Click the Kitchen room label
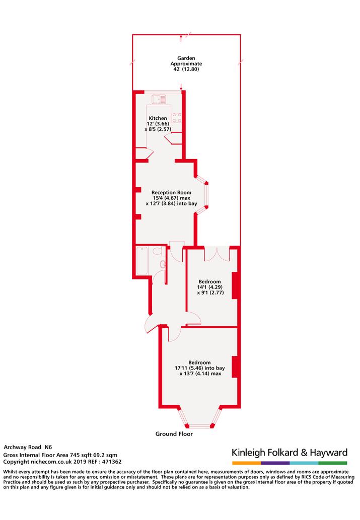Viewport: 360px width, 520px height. coord(158,118)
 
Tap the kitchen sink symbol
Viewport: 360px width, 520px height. coord(159,99)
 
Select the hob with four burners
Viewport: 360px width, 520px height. coord(177,118)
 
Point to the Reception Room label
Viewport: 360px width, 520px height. coord(171,192)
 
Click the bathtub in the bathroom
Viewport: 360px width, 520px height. coord(142,260)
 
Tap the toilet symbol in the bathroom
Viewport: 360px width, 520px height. coord(158,251)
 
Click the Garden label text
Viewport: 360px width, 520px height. coord(186,58)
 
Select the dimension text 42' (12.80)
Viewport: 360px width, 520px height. coord(186,69)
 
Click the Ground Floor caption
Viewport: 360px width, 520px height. coord(174,434)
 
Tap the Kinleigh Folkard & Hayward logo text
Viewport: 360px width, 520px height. coord(290,453)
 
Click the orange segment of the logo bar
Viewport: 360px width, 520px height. coord(247,463)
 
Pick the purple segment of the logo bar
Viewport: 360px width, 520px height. coord(275,463)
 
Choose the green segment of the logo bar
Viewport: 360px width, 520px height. coord(333,463)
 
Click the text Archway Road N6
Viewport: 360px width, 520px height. coord(28,447)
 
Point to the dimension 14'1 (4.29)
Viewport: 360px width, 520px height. coord(209,287)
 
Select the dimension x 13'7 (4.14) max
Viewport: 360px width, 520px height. coord(200,374)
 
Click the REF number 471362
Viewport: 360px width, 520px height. coord(112,462)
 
